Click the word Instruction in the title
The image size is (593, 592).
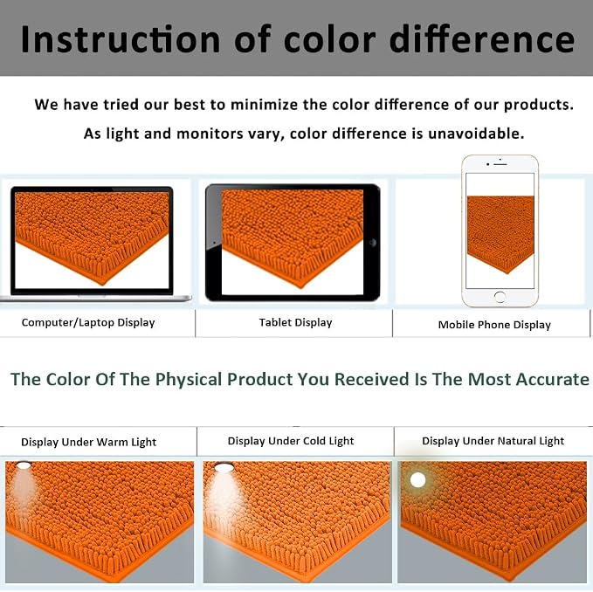pos(121,39)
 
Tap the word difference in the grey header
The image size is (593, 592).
pos(482,39)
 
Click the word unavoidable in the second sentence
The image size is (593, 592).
pos(476,134)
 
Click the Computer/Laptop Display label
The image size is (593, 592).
pos(88,322)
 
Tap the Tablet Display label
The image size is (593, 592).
pos(295,322)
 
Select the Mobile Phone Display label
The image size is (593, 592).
pos(494,325)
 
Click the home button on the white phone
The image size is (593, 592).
pos(500,297)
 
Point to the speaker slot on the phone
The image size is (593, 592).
pos(500,164)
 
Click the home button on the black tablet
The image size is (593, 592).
pos(373,243)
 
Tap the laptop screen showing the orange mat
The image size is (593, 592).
pos(92,240)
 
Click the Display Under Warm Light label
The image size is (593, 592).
pos(88,442)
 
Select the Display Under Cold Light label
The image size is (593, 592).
pos(291,441)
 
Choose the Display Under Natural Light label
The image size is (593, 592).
pos(493,441)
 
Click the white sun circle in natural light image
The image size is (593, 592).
pos(418,480)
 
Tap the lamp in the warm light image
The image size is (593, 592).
pos(24,465)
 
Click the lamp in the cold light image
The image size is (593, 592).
pos(224,468)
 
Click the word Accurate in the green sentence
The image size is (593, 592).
pos(553,379)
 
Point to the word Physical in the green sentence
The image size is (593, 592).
pos(189,379)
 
